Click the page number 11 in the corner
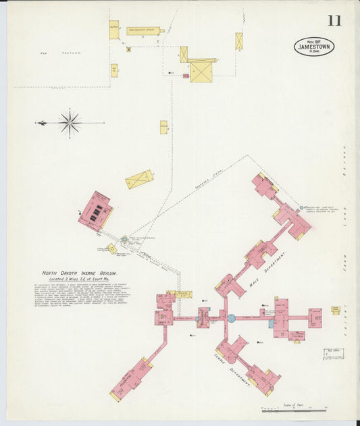334,20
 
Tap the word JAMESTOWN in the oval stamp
314,47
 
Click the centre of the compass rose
70,123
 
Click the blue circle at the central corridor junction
231,318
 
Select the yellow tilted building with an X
139,180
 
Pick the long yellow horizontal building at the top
143,31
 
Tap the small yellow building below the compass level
163,127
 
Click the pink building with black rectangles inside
95,210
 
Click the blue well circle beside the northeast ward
303,207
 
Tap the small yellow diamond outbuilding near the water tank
111,249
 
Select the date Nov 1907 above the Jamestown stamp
315,41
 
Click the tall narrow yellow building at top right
239,41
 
